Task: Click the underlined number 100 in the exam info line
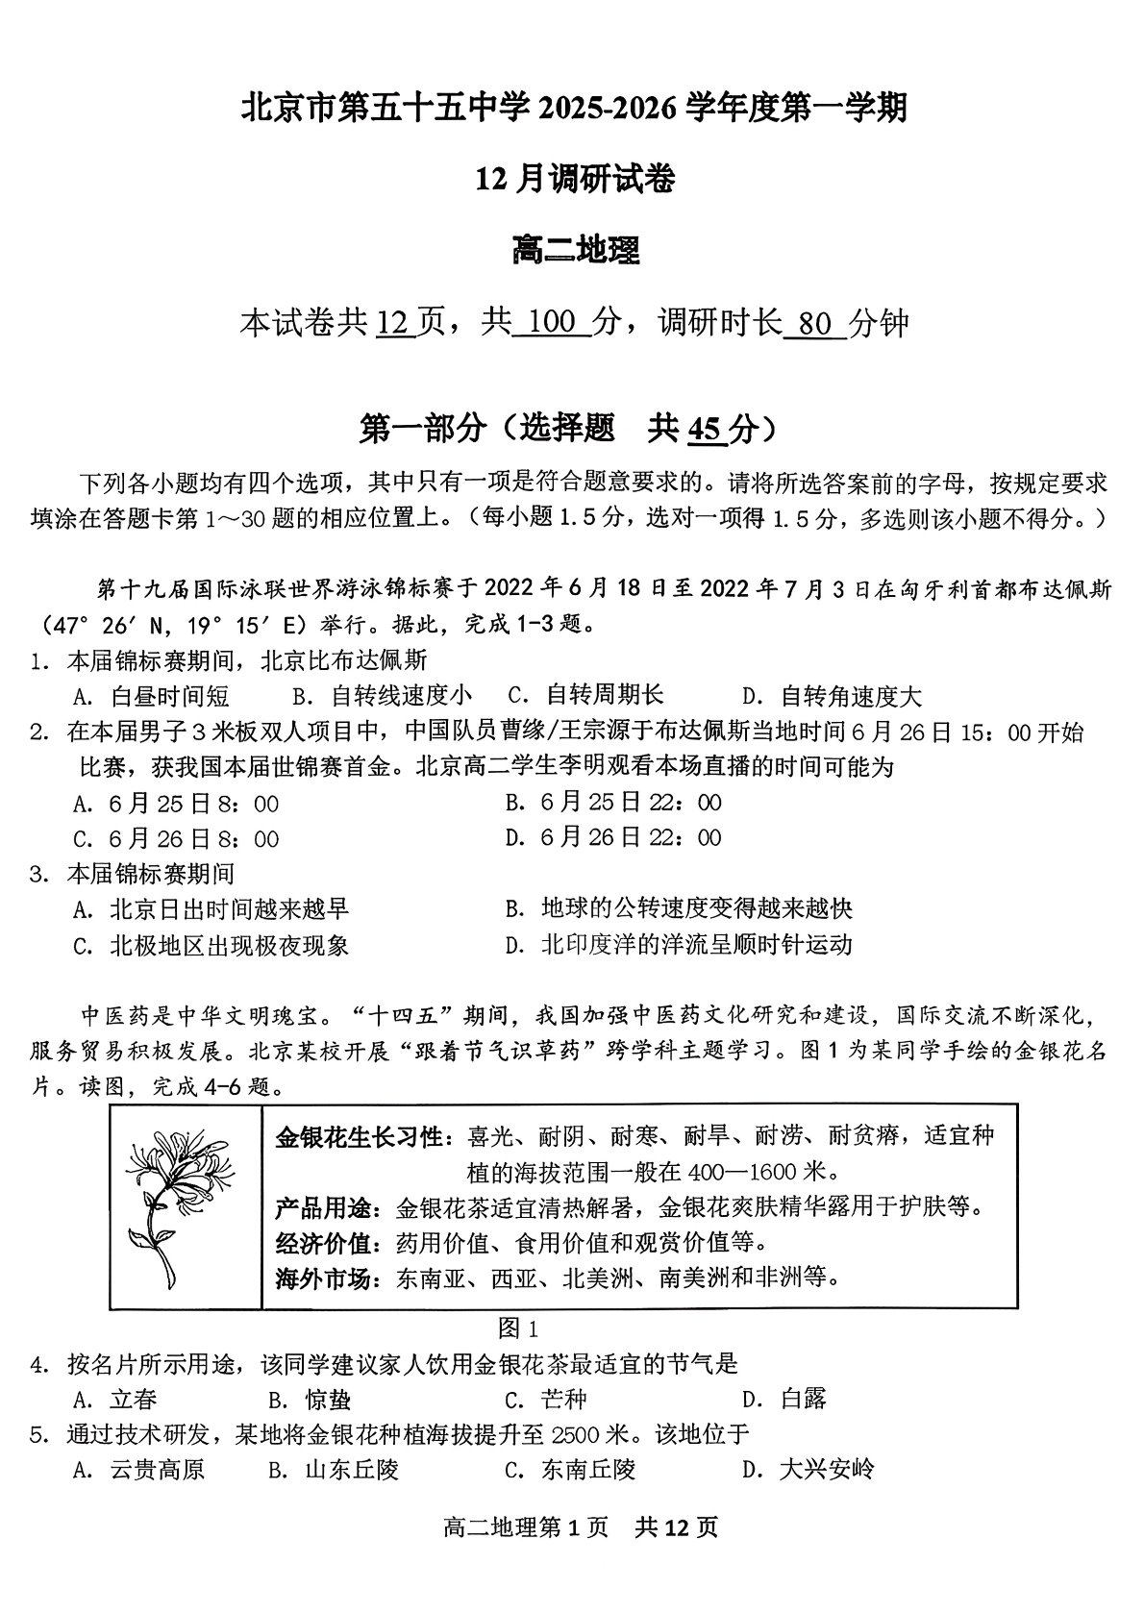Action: [x=551, y=323]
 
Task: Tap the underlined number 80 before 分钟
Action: [x=814, y=324]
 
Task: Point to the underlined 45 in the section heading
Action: [x=705, y=429]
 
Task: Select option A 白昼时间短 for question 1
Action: [x=152, y=696]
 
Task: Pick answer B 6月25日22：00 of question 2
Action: [x=613, y=803]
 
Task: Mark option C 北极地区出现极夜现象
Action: [x=211, y=946]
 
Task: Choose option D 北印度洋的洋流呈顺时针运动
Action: [x=679, y=945]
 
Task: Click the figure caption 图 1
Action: [x=519, y=1329]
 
